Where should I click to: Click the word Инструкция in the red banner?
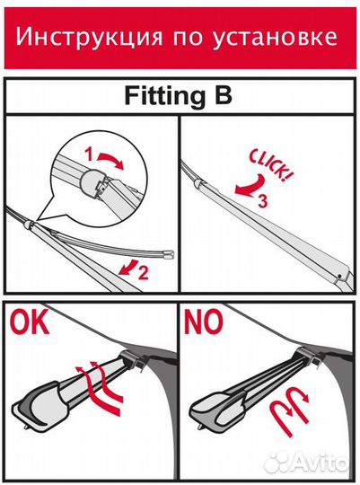click(x=89, y=38)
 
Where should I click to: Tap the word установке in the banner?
click(x=275, y=38)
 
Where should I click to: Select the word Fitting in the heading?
click(x=165, y=96)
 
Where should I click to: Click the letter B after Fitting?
click(x=223, y=95)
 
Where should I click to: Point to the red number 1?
click(x=89, y=154)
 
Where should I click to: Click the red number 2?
click(x=143, y=272)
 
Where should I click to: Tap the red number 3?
click(x=262, y=201)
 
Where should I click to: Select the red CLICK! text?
click(x=270, y=164)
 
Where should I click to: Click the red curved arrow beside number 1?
click(x=110, y=159)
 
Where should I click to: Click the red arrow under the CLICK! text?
click(x=250, y=186)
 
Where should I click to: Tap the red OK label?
click(x=30, y=322)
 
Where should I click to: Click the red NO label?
click(x=203, y=322)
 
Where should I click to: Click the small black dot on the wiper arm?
click(x=339, y=276)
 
